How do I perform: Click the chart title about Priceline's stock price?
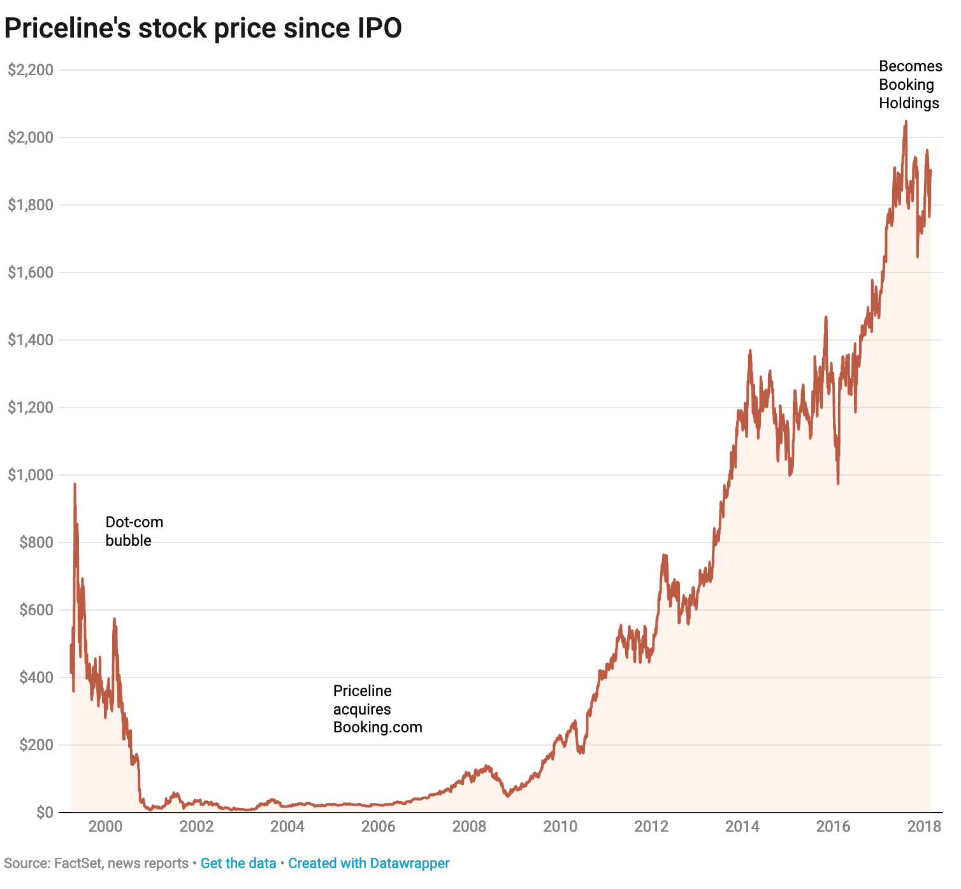[x=203, y=29]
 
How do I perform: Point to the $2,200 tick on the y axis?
[x=30, y=70]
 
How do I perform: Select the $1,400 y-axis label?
[x=30, y=340]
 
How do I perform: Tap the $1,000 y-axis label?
[x=30, y=475]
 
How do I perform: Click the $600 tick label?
[x=36, y=610]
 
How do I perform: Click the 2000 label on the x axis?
[x=105, y=827]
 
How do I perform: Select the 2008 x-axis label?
[x=469, y=827]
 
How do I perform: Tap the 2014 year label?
[x=742, y=827]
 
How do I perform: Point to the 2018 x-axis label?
[x=924, y=827]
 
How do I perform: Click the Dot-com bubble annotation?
[x=134, y=531]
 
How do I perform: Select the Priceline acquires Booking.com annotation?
[x=377, y=709]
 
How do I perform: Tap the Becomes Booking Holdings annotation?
[x=910, y=85]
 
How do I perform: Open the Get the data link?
[x=238, y=864]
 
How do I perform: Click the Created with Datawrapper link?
[x=368, y=864]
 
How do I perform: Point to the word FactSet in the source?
[x=79, y=864]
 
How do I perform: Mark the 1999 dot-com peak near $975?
[x=75, y=484]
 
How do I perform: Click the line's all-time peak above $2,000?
[x=906, y=122]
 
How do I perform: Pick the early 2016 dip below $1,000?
[x=838, y=483]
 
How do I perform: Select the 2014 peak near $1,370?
[x=750, y=350]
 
